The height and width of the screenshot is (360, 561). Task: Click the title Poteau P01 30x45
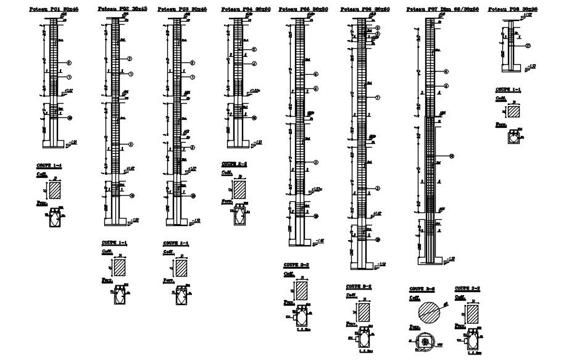click(54, 10)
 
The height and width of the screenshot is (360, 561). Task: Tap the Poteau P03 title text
click(182, 10)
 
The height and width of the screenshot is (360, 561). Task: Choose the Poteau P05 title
click(303, 10)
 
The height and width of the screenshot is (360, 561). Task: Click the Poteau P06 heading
click(365, 10)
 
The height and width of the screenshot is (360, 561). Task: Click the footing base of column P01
click(54, 144)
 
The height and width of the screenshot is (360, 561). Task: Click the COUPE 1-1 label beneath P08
click(507, 90)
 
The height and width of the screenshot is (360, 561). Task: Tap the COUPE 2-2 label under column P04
click(234, 164)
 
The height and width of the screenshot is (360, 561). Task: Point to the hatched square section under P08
click(513, 111)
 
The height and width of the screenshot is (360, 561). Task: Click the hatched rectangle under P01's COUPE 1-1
click(56, 190)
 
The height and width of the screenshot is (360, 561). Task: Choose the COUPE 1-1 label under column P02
click(114, 243)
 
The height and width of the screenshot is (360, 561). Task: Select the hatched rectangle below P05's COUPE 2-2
click(302, 290)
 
